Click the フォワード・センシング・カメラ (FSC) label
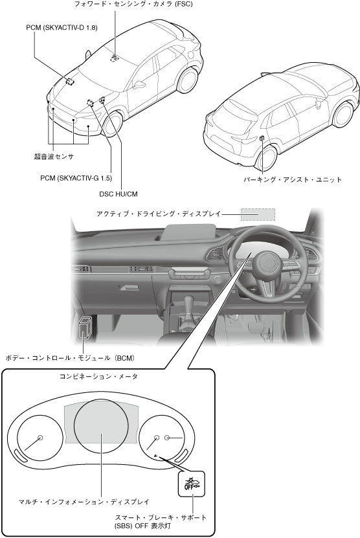point(133,5)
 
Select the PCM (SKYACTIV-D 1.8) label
point(62,27)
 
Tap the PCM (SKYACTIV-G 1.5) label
point(76,178)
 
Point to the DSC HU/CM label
point(118,194)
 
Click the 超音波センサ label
point(54,157)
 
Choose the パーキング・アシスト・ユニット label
point(293,179)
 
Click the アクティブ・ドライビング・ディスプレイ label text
point(158,214)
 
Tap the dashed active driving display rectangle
point(258,215)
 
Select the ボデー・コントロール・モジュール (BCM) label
point(70,358)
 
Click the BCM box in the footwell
point(84,328)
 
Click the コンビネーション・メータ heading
point(99,376)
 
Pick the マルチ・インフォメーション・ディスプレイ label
point(84,502)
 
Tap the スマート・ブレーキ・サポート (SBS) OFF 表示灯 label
point(161,521)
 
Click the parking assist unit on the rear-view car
point(262,139)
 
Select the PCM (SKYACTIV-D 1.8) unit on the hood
point(70,81)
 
